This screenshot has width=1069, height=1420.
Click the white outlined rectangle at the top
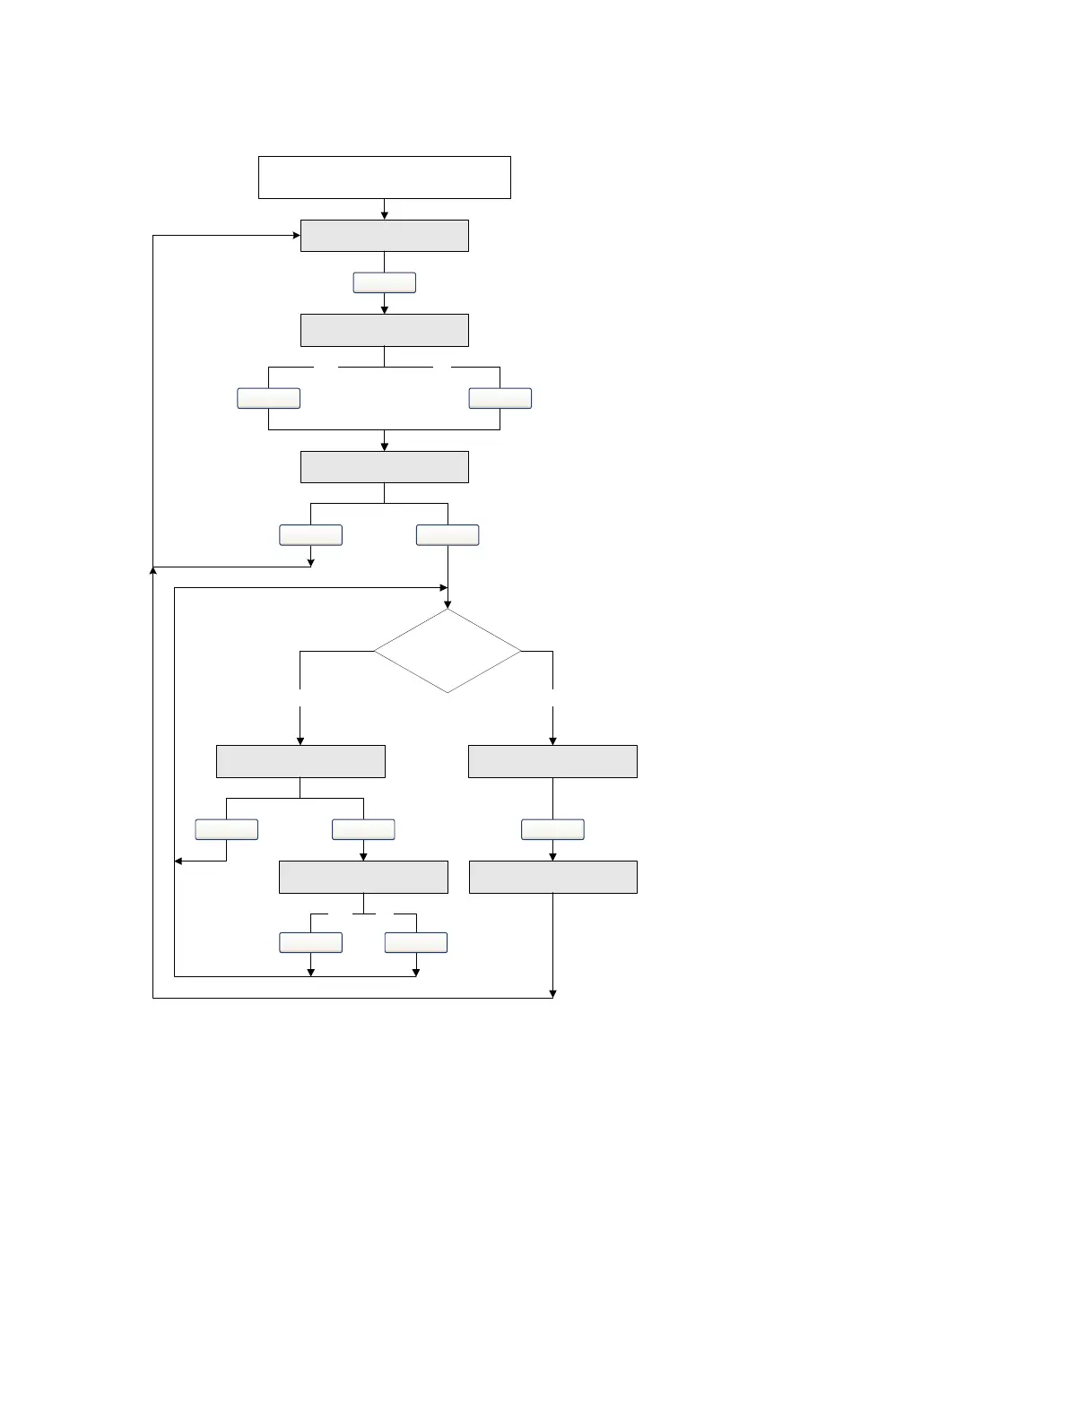[x=384, y=177]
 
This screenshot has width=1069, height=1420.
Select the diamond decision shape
[x=447, y=651]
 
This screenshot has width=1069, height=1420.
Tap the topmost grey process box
[x=384, y=236]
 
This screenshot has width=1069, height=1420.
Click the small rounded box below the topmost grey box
[x=384, y=282]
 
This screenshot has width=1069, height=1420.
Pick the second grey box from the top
[x=384, y=330]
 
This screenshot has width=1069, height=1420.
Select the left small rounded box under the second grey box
[x=268, y=398]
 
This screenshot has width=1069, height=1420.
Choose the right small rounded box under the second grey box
[x=500, y=398]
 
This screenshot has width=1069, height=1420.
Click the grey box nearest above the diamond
[x=384, y=467]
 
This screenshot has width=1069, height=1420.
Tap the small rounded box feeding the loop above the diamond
[x=310, y=535]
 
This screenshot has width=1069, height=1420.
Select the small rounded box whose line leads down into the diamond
[x=448, y=535]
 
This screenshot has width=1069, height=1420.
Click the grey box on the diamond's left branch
[x=300, y=761]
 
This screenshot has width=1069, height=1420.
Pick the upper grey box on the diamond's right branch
[x=552, y=761]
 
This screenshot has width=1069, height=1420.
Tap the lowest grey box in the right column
[x=552, y=877]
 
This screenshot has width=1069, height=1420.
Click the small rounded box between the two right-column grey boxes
[x=552, y=829]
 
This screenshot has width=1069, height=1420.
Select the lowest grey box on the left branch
[x=363, y=877]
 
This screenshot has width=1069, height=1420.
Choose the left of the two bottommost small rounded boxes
[x=310, y=942]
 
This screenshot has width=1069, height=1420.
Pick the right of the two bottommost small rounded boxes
[x=416, y=942]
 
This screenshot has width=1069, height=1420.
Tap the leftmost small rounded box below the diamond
[x=226, y=829]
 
